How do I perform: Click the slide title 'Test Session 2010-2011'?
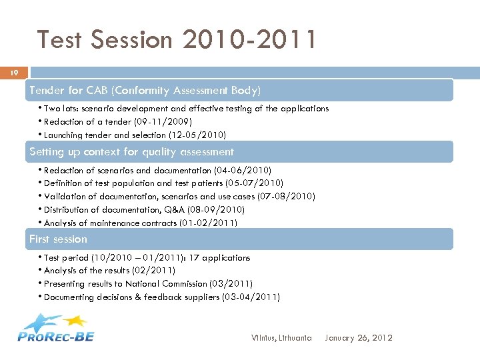pyautogui.click(x=177, y=39)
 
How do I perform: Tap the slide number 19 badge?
pyautogui.click(x=14, y=72)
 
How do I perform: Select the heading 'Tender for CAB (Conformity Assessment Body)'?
pyautogui.click(x=145, y=90)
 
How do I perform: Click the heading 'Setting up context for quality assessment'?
pyautogui.click(x=131, y=152)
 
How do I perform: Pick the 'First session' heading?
pyautogui.click(x=58, y=239)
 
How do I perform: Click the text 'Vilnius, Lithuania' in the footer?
pyautogui.click(x=281, y=338)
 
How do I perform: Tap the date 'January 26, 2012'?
pyautogui.click(x=358, y=338)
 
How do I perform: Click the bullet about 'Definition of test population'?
pyautogui.click(x=163, y=183)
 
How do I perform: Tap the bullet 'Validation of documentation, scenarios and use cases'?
pyautogui.click(x=179, y=196)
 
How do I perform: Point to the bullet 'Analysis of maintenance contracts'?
pyautogui.click(x=140, y=223)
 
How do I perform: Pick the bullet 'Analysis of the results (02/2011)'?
pyautogui.click(x=109, y=271)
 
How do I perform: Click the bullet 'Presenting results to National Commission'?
pyautogui.click(x=148, y=284)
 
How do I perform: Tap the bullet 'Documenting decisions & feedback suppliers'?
pyautogui.click(x=161, y=297)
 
